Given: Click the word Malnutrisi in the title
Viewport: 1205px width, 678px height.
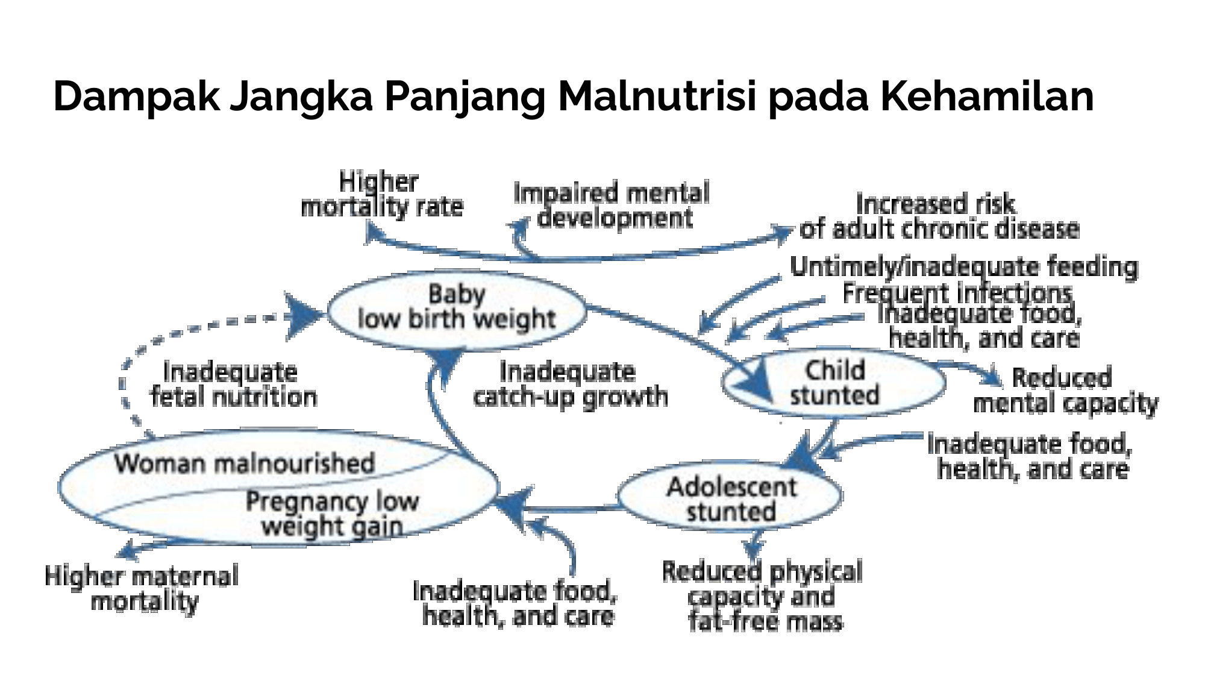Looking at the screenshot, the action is tap(657, 96).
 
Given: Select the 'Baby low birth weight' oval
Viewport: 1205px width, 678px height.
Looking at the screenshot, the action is tap(456, 310).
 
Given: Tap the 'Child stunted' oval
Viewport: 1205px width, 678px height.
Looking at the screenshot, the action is tap(834, 383).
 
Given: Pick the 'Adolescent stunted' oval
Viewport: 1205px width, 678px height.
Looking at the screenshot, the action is tap(730, 497).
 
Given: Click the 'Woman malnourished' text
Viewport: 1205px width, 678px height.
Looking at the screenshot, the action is tap(245, 463).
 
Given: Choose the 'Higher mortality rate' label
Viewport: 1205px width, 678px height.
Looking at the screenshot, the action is tap(381, 194).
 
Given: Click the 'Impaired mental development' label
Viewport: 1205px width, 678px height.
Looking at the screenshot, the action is tap(612, 205).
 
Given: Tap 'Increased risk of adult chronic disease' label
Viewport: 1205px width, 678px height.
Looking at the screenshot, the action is tap(939, 216).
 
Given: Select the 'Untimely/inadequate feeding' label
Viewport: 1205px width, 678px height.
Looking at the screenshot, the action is tap(964, 267).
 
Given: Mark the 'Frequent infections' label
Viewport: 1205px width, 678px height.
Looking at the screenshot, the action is tap(957, 293).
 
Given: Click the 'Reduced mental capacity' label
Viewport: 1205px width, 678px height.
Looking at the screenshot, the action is tap(1065, 391).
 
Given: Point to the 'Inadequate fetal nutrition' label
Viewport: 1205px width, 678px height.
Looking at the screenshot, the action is tap(233, 385).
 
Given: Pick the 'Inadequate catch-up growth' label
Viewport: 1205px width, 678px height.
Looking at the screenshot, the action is tap(570, 385).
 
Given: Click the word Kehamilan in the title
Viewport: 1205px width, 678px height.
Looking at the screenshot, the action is tap(987, 96).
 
